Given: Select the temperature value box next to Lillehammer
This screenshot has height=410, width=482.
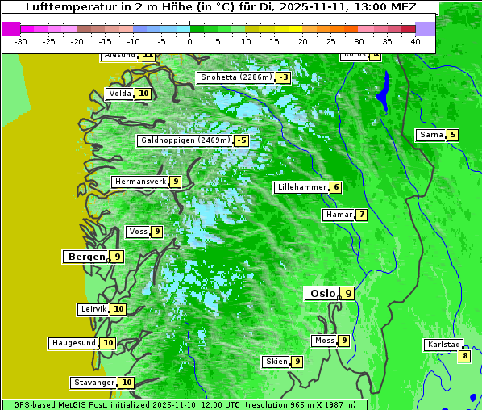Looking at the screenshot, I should point(335,187).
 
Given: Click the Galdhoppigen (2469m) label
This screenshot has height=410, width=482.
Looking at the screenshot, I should point(185,140).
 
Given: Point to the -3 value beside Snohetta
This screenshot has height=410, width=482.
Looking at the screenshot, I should point(283,77).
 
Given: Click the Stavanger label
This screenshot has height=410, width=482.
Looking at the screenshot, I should point(93,383).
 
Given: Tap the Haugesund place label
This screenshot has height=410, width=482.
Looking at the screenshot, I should point(74,343).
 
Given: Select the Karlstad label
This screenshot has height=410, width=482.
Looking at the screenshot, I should point(444,345).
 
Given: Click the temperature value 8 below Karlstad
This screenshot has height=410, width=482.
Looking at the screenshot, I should point(464,356).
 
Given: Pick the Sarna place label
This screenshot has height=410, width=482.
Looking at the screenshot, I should point(430,135).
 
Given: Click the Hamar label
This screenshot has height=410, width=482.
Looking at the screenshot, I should point(338,215).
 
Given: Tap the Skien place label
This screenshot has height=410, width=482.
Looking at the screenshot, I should point(276,362).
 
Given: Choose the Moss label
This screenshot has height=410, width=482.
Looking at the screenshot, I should point(324,341).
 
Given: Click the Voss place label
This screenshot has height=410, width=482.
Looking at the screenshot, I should point(138,232).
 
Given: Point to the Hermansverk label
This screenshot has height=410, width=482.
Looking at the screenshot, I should point(140,182).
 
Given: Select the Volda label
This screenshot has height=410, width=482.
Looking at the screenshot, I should point(120,94).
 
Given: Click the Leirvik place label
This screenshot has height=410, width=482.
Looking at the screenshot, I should point(93,309).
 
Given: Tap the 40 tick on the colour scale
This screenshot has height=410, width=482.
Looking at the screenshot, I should point(415,41).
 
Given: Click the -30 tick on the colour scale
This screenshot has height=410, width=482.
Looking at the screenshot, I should point(21,41).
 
